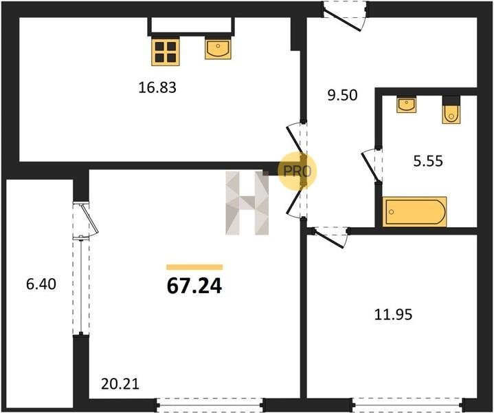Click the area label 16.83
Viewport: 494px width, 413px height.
pos(157,87)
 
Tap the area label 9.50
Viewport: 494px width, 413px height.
pos(342,95)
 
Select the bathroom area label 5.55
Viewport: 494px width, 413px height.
pos(428,160)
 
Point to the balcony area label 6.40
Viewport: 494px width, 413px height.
pos(41,284)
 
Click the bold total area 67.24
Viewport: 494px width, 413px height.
pos(194,286)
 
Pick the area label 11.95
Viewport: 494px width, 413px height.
pos(393,315)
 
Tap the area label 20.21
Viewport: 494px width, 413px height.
pos(120,384)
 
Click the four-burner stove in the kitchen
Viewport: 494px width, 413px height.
pos(166,52)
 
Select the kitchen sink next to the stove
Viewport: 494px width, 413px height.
pos(218,48)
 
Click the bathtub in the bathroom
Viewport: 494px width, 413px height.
pos(414,211)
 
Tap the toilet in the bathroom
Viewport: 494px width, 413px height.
pos(451,110)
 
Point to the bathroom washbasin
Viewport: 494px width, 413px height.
pos(407,105)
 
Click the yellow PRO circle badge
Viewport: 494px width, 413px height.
pos(297,171)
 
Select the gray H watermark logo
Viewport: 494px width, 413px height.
pos(247,203)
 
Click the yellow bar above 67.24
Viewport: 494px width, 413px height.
pos(194,267)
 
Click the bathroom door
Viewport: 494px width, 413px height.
pos(372,166)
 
